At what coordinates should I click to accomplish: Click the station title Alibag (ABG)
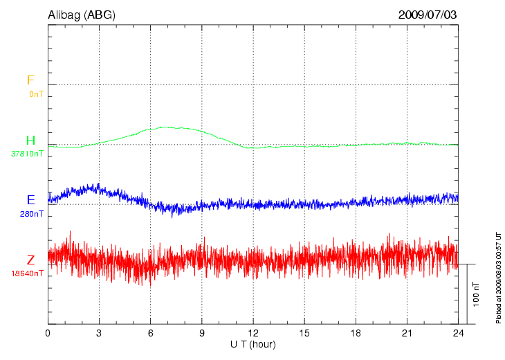[82, 15]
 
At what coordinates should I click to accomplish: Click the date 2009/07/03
[427, 15]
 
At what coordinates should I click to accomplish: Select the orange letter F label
[30, 80]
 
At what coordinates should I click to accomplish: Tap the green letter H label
[30, 141]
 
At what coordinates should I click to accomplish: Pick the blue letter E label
[30, 200]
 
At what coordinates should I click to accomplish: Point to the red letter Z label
[30, 260]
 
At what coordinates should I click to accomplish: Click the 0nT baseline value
[36, 93]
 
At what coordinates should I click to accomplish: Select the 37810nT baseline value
[28, 154]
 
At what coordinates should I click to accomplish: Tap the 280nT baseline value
[32, 214]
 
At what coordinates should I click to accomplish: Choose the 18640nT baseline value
[28, 273]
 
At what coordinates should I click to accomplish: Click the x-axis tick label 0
[48, 333]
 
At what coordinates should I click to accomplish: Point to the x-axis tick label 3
[99, 333]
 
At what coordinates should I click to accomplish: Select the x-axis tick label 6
[150, 333]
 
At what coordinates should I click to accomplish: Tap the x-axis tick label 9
[201, 333]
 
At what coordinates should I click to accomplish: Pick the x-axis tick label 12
[253, 333]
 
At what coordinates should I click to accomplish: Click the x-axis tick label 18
[356, 333]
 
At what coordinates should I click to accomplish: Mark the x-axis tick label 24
[458, 333]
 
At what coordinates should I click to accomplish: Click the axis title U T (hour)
[253, 344]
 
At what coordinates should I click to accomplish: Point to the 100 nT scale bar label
[475, 295]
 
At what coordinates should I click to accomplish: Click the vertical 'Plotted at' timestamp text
[498, 277]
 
